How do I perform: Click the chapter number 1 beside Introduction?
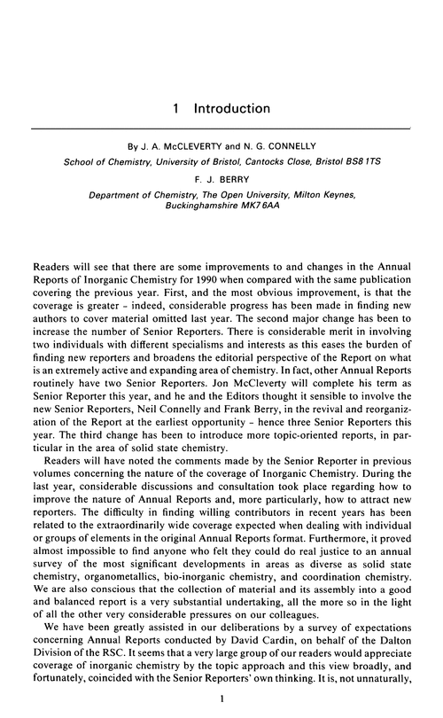point(178,109)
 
